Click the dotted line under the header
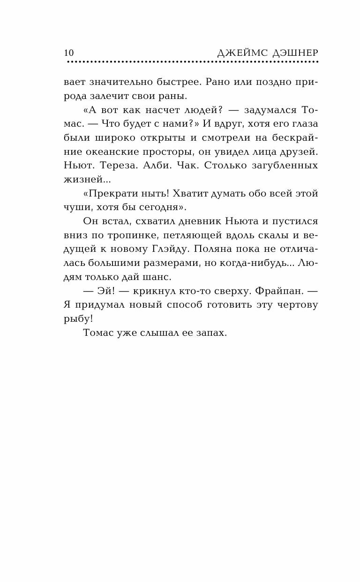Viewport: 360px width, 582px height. (x=192, y=62)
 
